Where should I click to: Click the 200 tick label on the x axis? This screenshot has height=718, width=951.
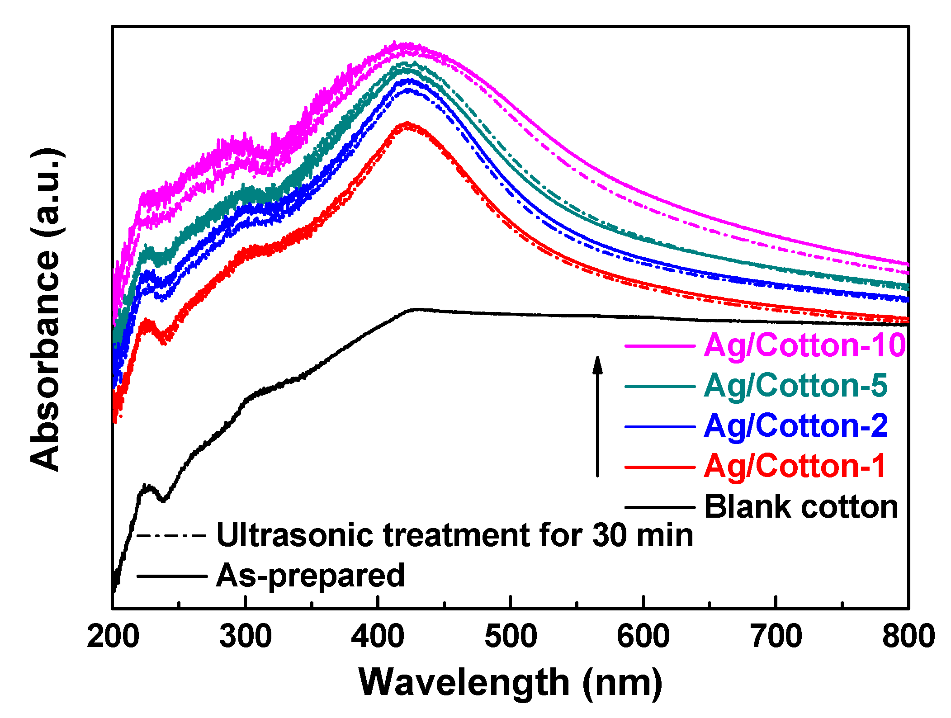pos(113,637)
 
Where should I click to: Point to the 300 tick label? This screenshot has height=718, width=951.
pos(246,637)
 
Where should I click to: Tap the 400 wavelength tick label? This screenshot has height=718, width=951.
pos(378,637)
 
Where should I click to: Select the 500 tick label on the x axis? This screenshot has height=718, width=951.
pos(511,637)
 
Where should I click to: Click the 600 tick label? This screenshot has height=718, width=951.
pos(643,637)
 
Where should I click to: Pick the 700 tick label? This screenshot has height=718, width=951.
pos(776,637)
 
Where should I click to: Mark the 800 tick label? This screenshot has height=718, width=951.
pos(908,637)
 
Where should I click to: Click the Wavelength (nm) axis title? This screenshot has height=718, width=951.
pos(511,683)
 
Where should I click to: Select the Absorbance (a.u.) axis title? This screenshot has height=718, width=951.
pos(45,310)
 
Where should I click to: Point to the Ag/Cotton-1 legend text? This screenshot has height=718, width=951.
pos(795,466)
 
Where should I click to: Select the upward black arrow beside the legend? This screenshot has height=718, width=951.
pos(598,416)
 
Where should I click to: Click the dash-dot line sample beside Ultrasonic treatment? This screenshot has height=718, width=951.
pos(172,536)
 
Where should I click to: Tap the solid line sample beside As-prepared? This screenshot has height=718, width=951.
pos(172,576)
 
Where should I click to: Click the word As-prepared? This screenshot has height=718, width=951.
pos(310,576)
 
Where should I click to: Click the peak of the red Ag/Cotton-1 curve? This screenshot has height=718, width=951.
pos(407,123)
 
